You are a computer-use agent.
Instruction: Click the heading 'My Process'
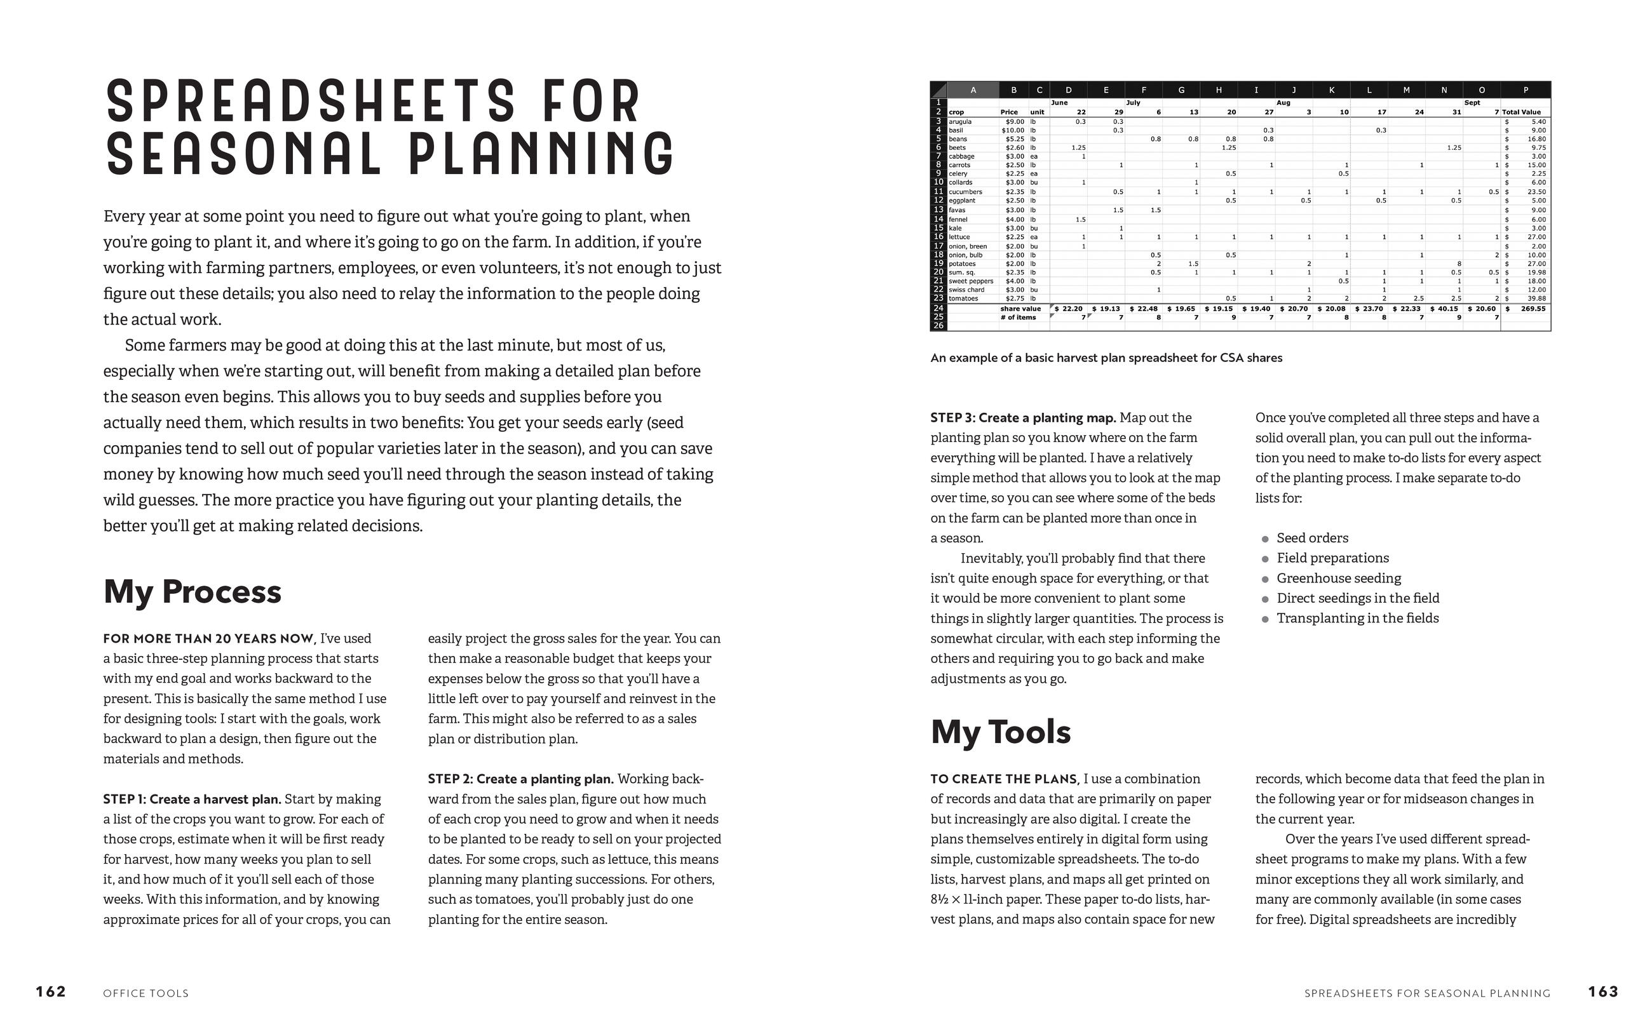click(x=192, y=591)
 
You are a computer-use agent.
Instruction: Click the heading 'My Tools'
click(x=1000, y=732)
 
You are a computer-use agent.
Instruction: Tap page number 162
click(x=51, y=992)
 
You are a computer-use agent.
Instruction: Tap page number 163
click(x=1603, y=992)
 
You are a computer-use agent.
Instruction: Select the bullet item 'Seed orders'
click(x=1312, y=538)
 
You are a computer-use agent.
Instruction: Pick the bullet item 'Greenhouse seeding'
click(x=1338, y=578)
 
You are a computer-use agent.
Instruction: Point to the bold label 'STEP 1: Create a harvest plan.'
click(x=192, y=800)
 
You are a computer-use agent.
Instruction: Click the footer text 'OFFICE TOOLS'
click(x=146, y=993)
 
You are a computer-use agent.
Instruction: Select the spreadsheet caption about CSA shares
click(x=1106, y=358)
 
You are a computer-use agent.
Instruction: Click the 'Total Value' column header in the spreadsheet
click(x=1521, y=112)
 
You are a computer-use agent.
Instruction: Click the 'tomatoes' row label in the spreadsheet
click(x=963, y=298)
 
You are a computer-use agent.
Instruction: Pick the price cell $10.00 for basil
click(x=1012, y=130)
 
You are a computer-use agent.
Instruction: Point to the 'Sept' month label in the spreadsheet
click(x=1472, y=103)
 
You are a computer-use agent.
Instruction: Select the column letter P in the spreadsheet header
click(x=1525, y=90)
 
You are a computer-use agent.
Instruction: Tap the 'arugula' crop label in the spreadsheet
click(x=960, y=121)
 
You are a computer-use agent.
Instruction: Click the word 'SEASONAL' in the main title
click(x=243, y=155)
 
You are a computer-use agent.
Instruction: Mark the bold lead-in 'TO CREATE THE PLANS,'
click(x=1004, y=779)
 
